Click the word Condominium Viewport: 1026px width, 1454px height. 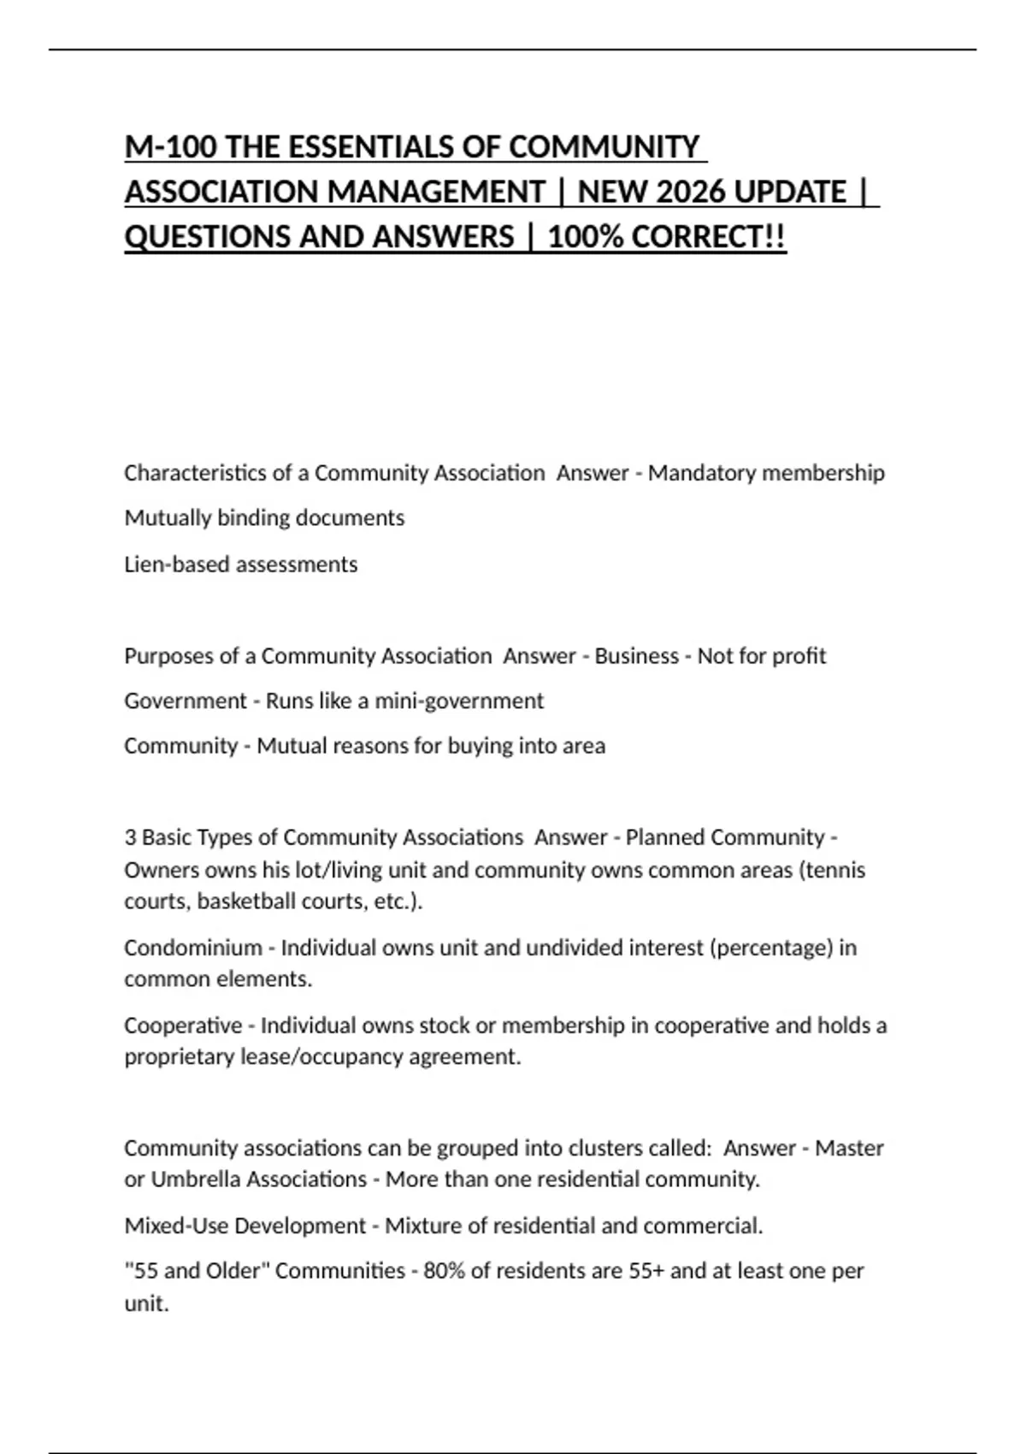193,948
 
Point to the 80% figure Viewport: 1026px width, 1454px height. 444,1271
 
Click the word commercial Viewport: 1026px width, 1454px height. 702,1226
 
